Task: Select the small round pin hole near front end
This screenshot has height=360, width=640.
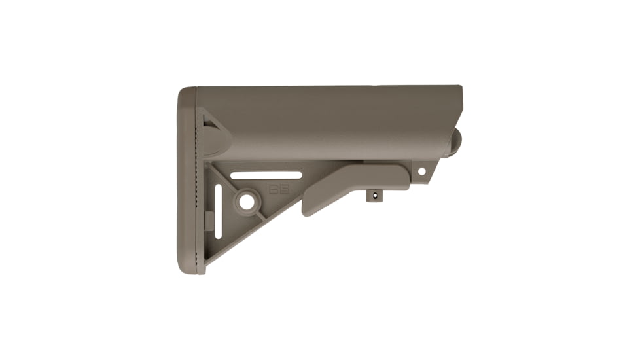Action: [x=421, y=171]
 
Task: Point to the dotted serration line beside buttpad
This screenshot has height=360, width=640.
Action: [x=197, y=164]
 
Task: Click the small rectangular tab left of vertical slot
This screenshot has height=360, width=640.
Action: [x=209, y=221]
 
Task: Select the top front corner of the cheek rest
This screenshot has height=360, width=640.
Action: [x=461, y=88]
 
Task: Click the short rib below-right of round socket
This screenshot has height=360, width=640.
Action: [x=260, y=214]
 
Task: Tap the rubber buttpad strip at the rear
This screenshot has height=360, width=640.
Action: [x=187, y=180]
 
